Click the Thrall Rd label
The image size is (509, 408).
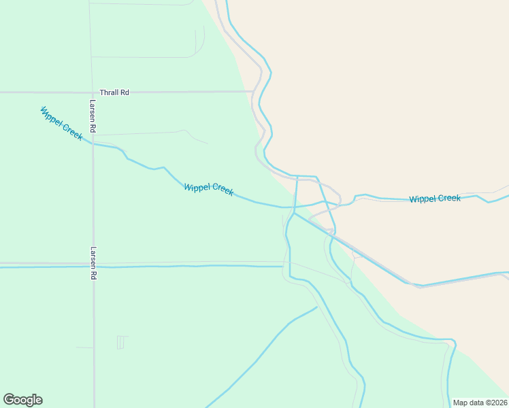[x=114, y=92]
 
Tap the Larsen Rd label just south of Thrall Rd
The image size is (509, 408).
[x=93, y=116]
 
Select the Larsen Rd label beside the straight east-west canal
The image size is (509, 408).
[x=93, y=263]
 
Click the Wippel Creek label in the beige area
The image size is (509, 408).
[x=435, y=199]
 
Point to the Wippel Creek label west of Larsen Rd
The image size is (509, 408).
[x=61, y=123]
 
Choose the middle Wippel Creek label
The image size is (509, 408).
[x=208, y=189]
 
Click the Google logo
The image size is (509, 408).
[x=22, y=400]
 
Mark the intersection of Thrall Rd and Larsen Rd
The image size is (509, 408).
[x=93, y=91]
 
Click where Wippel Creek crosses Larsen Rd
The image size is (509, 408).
[x=93, y=144]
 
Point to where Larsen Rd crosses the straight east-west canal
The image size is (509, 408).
[x=93, y=267]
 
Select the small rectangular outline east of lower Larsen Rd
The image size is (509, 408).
[x=120, y=342]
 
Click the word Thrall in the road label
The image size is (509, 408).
[x=109, y=92]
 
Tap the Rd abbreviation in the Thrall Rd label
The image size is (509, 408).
[x=125, y=92]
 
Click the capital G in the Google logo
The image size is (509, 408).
[x=9, y=400]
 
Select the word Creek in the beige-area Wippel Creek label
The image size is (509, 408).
[x=449, y=199]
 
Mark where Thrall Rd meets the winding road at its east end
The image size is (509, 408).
[x=253, y=91]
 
